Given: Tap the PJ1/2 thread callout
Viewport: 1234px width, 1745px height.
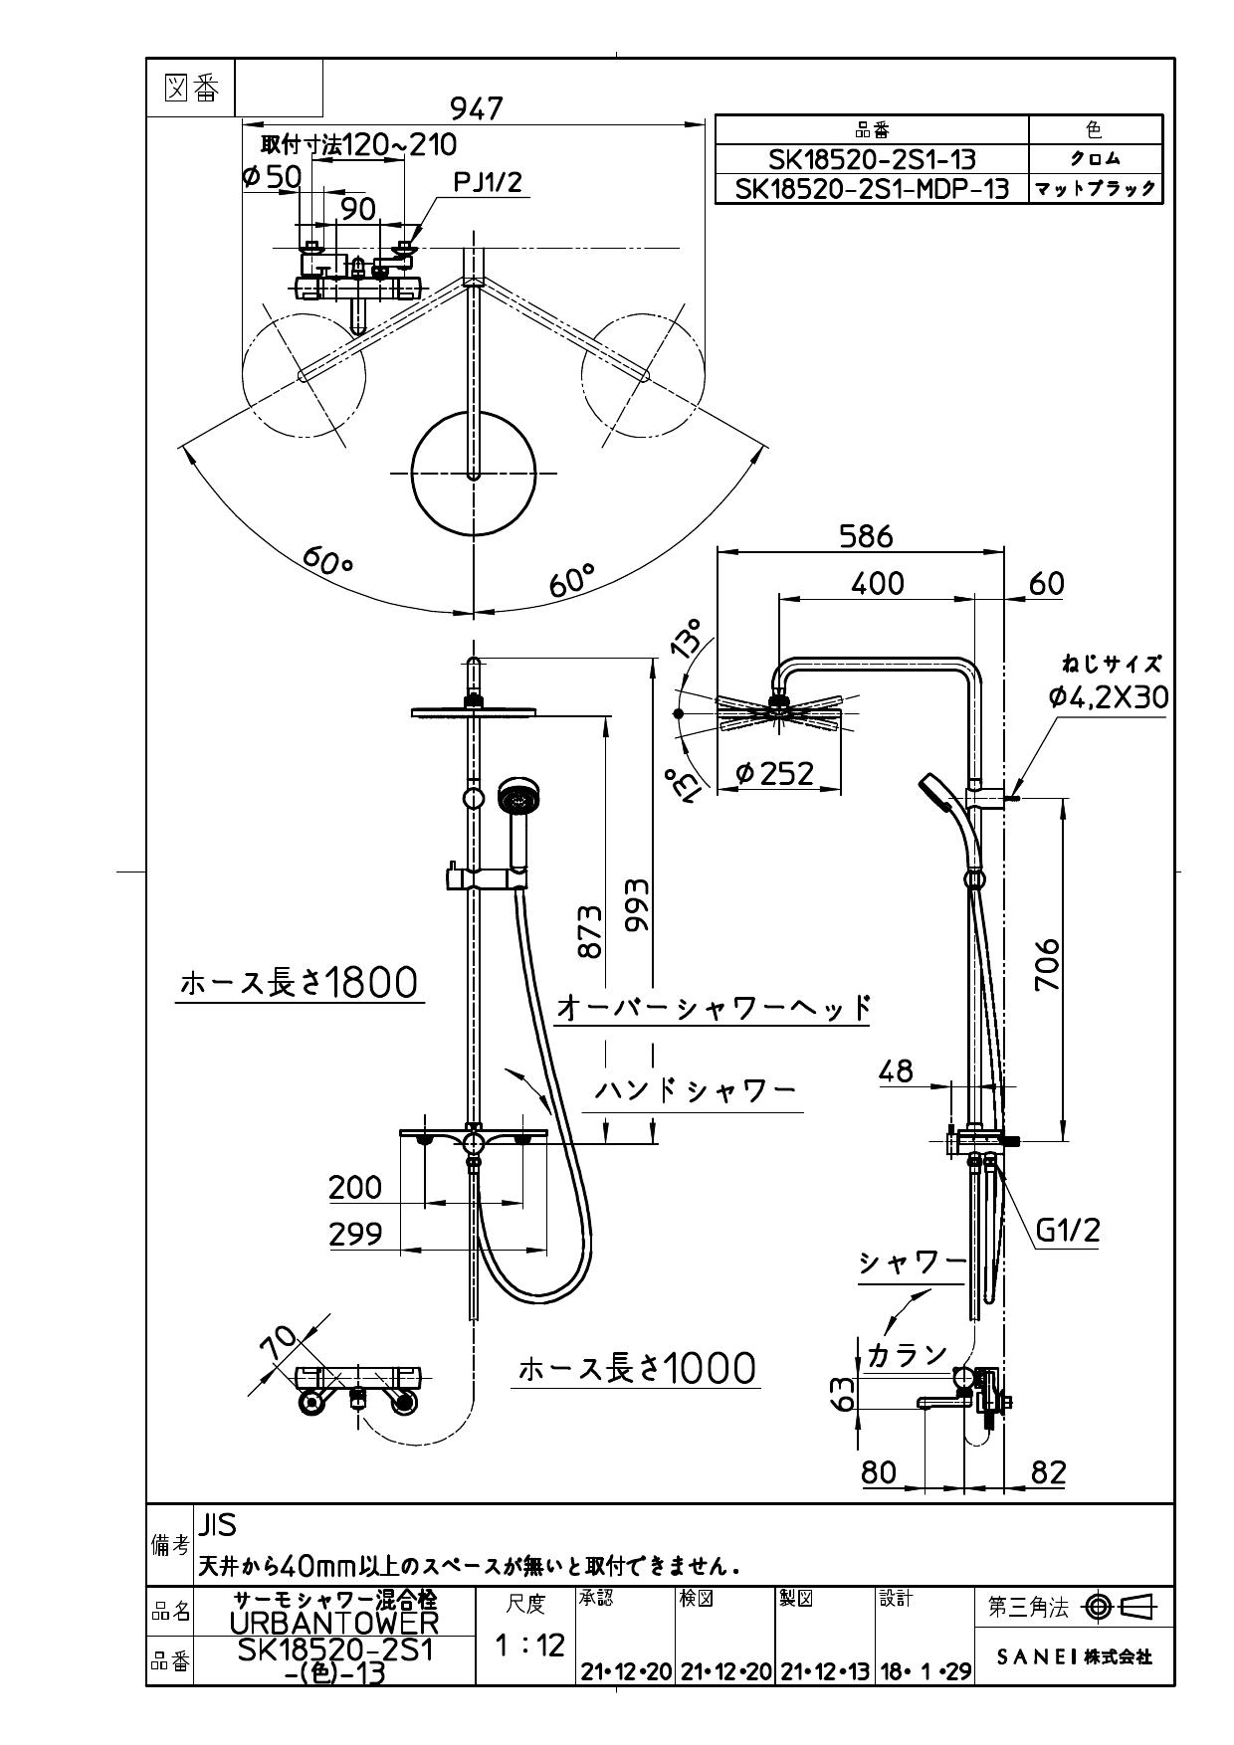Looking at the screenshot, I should pos(488,182).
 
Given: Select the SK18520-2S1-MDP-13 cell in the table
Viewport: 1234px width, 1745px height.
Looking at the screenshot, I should pos(871,189).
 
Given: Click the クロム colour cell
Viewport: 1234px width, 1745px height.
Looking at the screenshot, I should pos(1095,159).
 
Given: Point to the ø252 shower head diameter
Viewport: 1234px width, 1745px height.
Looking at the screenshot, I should pos(775,773).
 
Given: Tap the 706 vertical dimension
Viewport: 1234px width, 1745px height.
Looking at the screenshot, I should pos(1047,964).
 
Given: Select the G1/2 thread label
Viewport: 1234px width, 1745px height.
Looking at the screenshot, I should pos(1068,1231).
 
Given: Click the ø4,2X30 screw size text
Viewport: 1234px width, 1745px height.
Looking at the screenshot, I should pos(1108,697).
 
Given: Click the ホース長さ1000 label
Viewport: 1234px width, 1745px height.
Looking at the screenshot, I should pos(637,1370).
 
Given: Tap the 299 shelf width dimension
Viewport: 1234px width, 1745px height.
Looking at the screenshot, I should pos(355,1234).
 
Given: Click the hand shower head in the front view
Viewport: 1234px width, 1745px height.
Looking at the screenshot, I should pos(518,798).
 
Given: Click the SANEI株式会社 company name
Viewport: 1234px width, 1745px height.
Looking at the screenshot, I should pos(1074,1657).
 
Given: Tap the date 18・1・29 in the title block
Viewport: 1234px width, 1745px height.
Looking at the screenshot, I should pos(925,1671).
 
